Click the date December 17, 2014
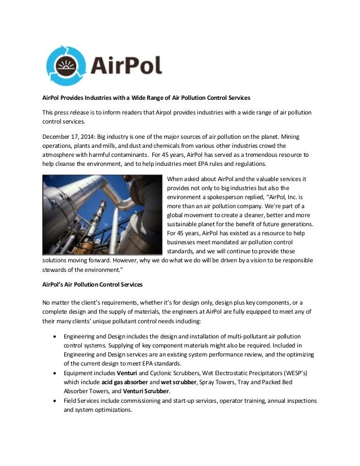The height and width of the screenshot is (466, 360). click(69, 136)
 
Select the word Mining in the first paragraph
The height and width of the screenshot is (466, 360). click(298, 136)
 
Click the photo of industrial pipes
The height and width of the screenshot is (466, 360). click(103, 214)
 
